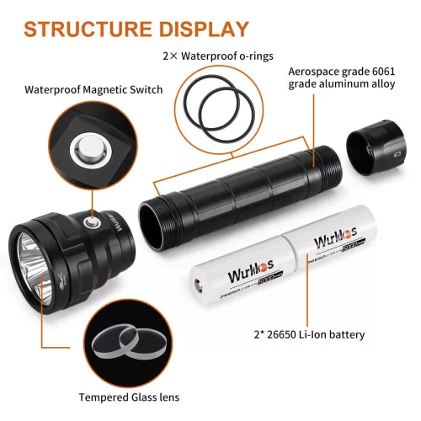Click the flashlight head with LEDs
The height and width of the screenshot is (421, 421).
[63, 253]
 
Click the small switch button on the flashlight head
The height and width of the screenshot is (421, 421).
[90, 221]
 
